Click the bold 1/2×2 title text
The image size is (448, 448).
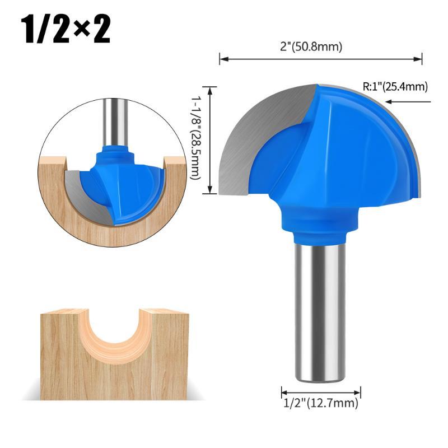66,30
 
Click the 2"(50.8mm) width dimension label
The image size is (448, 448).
311,46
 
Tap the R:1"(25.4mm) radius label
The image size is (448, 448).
395,86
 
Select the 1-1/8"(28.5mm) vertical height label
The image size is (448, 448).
195,137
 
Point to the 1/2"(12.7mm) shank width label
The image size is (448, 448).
320,403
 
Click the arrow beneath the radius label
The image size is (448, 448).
408,101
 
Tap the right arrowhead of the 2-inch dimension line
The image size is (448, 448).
418,59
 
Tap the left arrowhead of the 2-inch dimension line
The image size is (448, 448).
223,59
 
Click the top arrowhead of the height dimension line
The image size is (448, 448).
211,91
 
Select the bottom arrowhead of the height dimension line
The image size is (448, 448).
211,189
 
